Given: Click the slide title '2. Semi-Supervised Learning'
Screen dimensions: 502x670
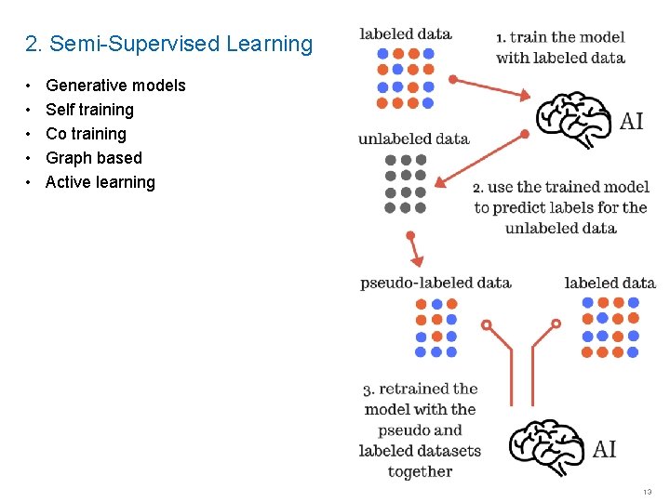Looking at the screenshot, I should pyautogui.click(x=169, y=44).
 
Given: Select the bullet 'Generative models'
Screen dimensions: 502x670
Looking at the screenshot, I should pyautogui.click(x=115, y=86).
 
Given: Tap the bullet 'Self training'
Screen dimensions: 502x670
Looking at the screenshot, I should pyautogui.click(x=89, y=110).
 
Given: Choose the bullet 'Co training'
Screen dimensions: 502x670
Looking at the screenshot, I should pyautogui.click(x=86, y=134).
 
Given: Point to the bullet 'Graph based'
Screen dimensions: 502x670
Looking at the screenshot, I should pyautogui.click(x=94, y=158).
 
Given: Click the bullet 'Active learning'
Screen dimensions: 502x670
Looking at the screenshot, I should pyautogui.click(x=100, y=182).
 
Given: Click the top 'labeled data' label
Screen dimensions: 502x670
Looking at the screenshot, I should pyautogui.click(x=406, y=34).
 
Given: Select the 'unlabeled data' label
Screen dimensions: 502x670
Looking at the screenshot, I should pyautogui.click(x=413, y=139).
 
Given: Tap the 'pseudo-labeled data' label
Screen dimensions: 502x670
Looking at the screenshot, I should pyautogui.click(x=435, y=283).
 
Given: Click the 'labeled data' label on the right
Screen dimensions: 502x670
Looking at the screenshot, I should pyautogui.click(x=610, y=283).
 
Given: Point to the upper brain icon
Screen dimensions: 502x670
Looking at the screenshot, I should pyautogui.click(x=574, y=119).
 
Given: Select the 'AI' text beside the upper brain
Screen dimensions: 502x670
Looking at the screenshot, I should pyautogui.click(x=632, y=122).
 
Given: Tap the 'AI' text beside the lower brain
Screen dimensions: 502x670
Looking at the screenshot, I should pyautogui.click(x=605, y=450).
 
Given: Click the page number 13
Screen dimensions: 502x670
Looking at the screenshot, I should pyautogui.click(x=647, y=491).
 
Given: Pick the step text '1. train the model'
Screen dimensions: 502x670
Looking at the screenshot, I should pyautogui.click(x=560, y=37).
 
